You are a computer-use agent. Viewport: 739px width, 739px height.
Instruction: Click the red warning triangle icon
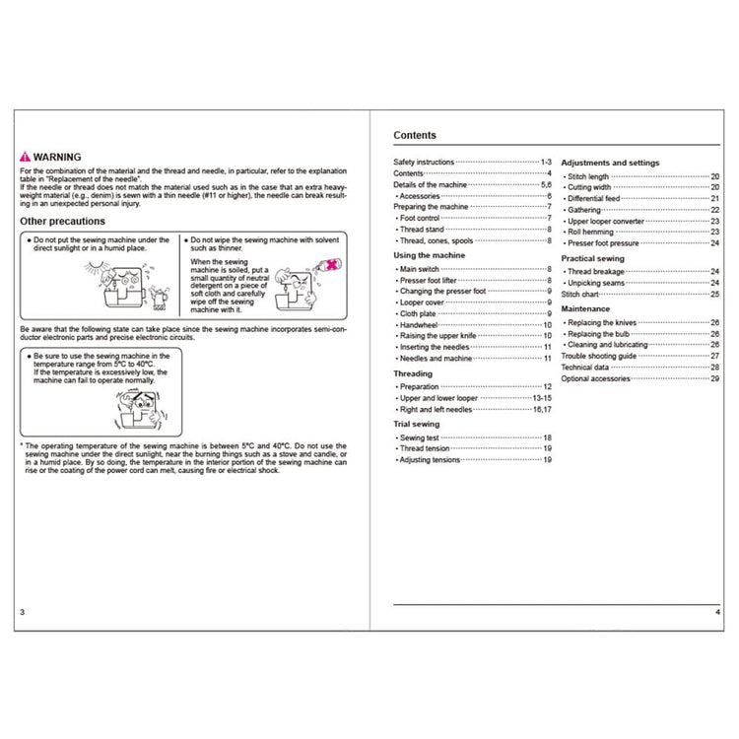pos(25,158)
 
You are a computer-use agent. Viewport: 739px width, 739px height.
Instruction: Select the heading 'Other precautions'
pos(62,222)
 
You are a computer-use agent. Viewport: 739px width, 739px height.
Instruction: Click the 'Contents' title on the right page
pos(415,136)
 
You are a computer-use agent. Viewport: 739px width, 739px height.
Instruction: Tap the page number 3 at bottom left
pos(22,612)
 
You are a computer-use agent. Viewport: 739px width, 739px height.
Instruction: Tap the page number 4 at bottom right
pos(717,612)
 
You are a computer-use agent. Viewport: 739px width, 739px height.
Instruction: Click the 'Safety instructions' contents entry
pos(424,162)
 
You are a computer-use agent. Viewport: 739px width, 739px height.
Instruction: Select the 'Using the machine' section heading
pos(430,255)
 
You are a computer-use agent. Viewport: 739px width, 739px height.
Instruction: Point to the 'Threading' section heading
pos(413,374)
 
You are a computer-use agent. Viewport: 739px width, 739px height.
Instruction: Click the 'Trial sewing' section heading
pos(417,424)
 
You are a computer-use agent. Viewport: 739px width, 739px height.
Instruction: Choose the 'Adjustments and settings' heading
pos(610,163)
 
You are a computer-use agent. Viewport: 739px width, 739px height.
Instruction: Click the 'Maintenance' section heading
pos(585,308)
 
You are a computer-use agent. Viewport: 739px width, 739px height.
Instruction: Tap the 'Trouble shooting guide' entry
pos(601,356)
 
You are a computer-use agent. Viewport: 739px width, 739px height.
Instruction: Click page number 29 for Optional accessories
pos(714,379)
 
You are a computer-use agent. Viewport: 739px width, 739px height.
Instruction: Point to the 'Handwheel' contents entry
pos(419,326)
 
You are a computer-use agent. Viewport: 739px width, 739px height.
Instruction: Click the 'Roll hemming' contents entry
pos(595,232)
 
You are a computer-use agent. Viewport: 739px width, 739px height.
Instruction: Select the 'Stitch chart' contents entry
pos(583,295)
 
